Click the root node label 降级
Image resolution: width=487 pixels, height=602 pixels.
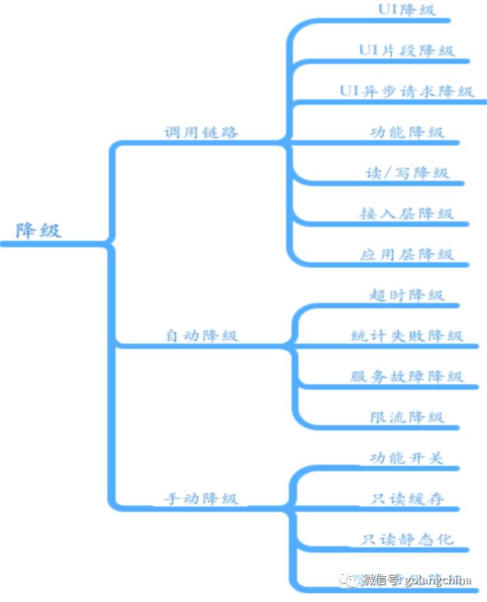39,230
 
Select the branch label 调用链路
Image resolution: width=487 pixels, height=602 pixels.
201,132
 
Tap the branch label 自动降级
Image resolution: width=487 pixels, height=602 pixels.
202,335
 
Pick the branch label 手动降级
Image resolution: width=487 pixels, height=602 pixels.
202,498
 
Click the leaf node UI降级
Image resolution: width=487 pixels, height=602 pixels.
407,10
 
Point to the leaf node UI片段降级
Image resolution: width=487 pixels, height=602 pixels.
407,50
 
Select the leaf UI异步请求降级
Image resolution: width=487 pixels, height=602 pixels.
407,91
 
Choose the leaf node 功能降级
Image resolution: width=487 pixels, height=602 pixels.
407,132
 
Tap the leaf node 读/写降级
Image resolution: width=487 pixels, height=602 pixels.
407,172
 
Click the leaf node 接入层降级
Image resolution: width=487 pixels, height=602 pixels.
407,213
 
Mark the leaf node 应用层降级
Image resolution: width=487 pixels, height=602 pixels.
407,254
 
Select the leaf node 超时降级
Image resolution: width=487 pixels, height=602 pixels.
407,295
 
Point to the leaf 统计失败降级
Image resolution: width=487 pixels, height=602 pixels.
407,335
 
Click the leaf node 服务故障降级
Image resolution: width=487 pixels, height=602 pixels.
407,376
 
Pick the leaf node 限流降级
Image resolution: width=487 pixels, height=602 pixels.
407,417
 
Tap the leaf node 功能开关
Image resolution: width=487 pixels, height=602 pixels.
407,457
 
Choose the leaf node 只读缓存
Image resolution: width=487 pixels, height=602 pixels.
407,498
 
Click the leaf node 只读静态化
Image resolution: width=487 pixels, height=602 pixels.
407,539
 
